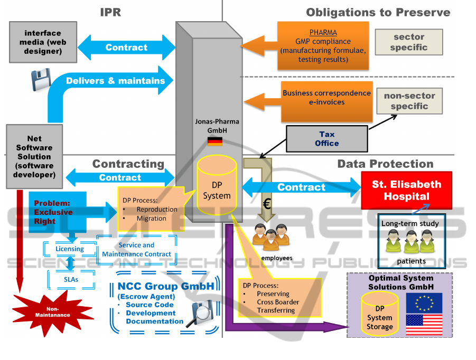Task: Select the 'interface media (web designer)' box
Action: (x=43, y=42)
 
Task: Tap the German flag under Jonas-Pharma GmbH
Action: (x=214, y=141)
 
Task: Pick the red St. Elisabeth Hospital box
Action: (x=406, y=190)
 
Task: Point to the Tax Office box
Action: (x=326, y=139)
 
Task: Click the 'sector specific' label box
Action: (x=408, y=42)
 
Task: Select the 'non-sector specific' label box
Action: (x=409, y=101)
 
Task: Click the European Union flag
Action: (x=424, y=302)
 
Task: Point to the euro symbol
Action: (x=267, y=204)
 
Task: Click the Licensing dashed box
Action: (x=70, y=249)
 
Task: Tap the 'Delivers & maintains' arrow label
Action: (x=115, y=81)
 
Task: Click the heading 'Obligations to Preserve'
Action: (x=378, y=12)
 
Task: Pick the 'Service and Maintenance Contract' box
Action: (x=136, y=250)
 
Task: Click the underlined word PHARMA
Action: (x=323, y=33)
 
